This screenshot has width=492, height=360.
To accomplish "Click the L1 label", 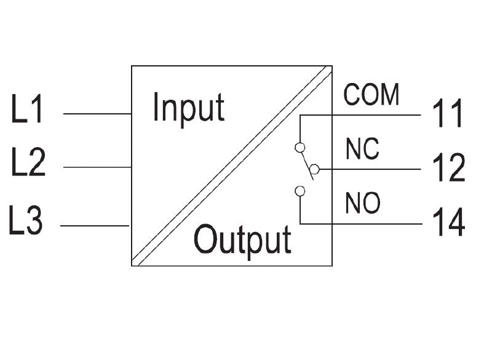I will point(27,111).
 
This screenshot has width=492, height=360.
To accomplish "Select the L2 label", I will point(28,164).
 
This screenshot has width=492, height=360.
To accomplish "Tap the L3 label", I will point(26,221).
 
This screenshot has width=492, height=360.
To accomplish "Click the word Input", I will point(188,108).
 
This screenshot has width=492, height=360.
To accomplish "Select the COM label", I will point(371,95).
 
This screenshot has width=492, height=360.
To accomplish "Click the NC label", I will point(362,150).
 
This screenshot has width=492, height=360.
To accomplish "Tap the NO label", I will point(363,204).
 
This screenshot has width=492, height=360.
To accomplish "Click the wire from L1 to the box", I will point(97,114).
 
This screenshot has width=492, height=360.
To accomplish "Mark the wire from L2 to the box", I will point(97,167).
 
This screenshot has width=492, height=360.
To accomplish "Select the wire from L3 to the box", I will point(95,226).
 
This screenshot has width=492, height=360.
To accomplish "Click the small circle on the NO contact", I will point(300,191).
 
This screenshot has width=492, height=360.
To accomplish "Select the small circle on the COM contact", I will point(300,147).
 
